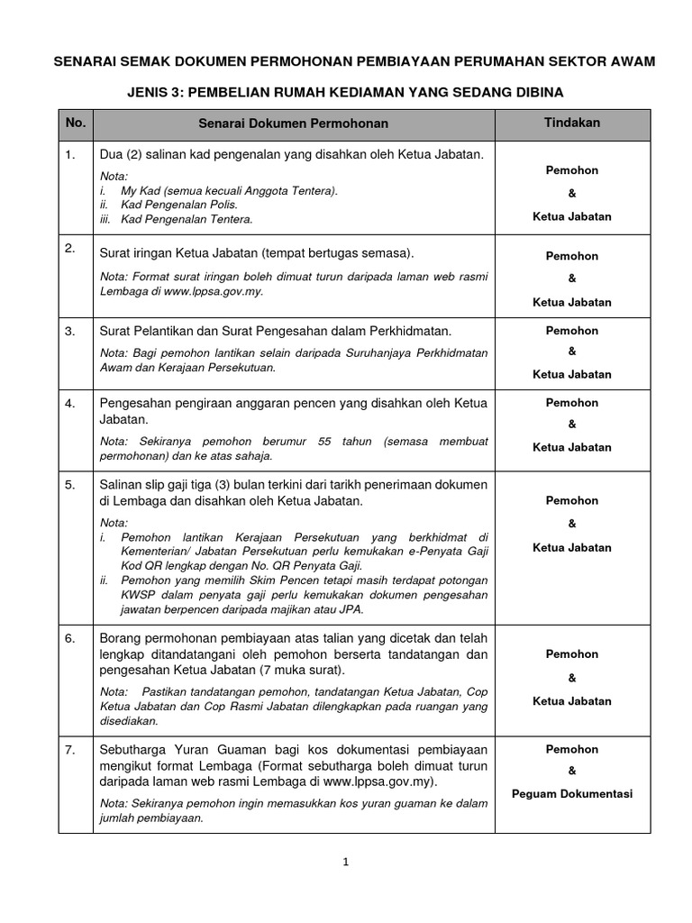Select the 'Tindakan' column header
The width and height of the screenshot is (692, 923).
click(572, 122)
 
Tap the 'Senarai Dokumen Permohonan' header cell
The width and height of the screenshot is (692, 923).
click(295, 123)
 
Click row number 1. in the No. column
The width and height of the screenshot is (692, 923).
click(70, 155)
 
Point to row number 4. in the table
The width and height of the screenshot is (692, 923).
click(70, 403)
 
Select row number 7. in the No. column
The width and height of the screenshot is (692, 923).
click(70, 749)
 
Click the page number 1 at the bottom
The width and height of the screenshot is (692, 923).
click(345, 862)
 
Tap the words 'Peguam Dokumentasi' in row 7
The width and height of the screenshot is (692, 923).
click(572, 794)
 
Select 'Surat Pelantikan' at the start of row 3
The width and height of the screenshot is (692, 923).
click(141, 332)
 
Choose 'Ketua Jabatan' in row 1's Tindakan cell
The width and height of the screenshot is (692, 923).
click(572, 216)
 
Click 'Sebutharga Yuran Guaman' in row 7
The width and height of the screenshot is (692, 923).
click(178, 749)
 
